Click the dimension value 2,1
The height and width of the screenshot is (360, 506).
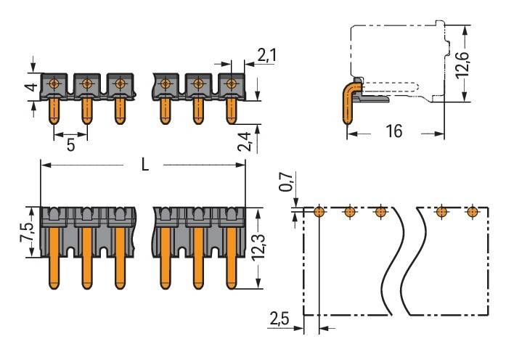coord(266,54)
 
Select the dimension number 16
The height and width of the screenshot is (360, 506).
coord(394,131)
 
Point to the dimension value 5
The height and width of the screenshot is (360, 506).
coord(70,144)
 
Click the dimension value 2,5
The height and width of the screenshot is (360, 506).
coord(279,319)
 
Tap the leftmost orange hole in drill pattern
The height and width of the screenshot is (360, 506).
coord(319,212)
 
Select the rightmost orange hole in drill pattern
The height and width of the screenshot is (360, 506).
coord(473,212)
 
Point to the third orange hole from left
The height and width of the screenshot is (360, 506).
coord(380,212)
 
